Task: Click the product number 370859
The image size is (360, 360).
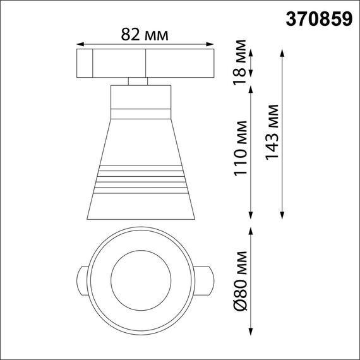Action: [x=319, y=19]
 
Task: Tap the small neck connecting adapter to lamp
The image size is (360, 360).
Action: [x=139, y=80]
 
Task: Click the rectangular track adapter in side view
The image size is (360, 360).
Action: [x=145, y=63]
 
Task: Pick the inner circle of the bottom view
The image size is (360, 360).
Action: [x=139, y=278]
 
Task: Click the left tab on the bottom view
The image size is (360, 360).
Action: [x=81, y=278]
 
